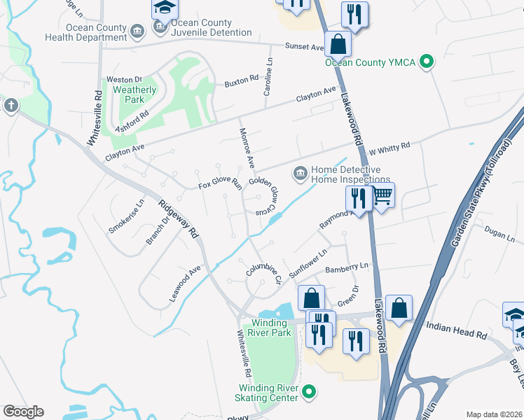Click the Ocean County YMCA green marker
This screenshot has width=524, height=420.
point(425,62)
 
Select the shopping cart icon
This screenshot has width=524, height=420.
point(382,195)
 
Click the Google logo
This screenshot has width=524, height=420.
point(23,412)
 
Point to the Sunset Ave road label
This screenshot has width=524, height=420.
point(304,47)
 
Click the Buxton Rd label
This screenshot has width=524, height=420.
point(241,83)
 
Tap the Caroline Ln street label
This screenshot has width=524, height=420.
point(268,78)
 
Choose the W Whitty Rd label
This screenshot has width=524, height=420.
point(389,148)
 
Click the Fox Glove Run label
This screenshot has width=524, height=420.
point(219,184)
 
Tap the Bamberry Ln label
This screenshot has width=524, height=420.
point(347,267)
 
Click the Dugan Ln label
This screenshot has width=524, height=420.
point(499,237)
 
